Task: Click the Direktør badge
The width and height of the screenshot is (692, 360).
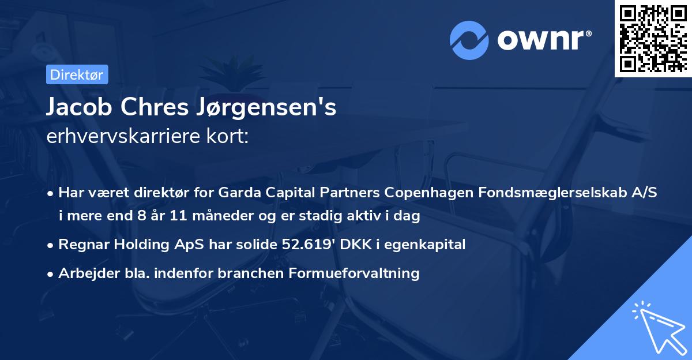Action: click(x=76, y=74)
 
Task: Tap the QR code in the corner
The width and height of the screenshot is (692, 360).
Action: click(x=653, y=38)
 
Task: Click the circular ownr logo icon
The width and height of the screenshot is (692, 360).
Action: click(x=469, y=40)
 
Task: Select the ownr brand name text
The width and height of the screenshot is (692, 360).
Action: click(x=542, y=39)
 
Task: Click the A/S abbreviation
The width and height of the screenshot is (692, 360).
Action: click(x=643, y=193)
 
